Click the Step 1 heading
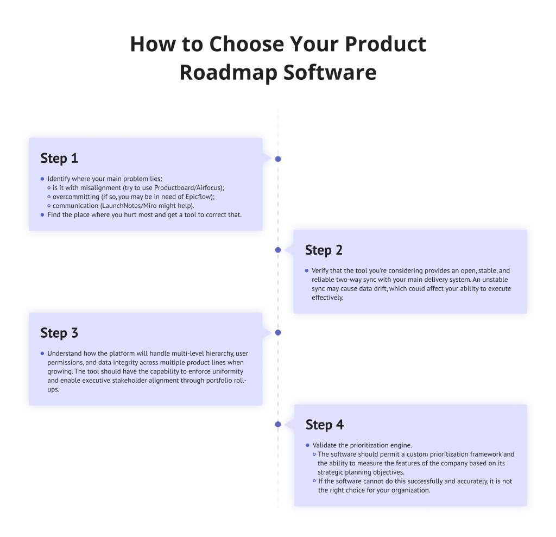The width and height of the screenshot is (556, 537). click(x=59, y=159)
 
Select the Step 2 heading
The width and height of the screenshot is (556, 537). click(x=324, y=250)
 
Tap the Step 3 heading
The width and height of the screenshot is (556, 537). click(x=59, y=333)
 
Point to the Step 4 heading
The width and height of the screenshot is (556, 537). click(x=324, y=425)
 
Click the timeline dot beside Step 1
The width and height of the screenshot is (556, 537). click(x=278, y=159)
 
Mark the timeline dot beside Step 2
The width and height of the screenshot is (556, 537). click(x=278, y=250)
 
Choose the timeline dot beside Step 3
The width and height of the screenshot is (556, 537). click(x=278, y=332)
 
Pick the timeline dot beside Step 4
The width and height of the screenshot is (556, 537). click(x=278, y=424)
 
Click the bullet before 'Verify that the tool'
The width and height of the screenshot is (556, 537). click(x=307, y=270)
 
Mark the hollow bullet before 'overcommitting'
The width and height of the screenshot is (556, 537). click(x=48, y=197)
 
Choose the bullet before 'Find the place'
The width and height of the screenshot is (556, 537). click(x=42, y=214)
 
